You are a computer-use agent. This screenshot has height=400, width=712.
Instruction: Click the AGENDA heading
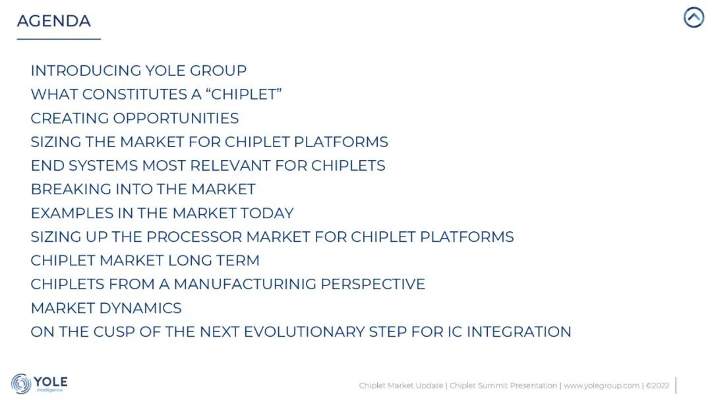point(53,21)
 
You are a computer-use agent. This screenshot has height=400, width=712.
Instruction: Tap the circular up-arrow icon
point(694,17)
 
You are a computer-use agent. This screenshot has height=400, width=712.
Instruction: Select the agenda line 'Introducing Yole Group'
point(138,71)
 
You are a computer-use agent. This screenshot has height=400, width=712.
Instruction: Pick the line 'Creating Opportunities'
point(134,118)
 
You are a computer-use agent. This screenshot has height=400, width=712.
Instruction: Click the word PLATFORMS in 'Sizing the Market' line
point(341,142)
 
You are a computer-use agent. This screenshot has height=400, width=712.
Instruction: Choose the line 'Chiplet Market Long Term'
point(145,260)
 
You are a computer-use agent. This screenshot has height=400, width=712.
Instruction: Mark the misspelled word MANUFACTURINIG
point(245,284)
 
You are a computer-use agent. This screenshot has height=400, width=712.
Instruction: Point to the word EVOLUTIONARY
point(304,332)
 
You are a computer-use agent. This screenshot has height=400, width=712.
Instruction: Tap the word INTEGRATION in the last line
point(519,332)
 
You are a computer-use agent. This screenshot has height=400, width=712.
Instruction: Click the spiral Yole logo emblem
point(21,384)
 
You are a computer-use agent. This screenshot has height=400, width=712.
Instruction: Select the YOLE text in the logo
point(50,382)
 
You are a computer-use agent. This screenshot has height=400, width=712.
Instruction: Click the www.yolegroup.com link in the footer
point(601,386)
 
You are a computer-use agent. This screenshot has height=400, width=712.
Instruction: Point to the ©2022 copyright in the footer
point(657,386)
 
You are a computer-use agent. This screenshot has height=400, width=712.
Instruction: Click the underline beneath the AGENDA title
point(59,39)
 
